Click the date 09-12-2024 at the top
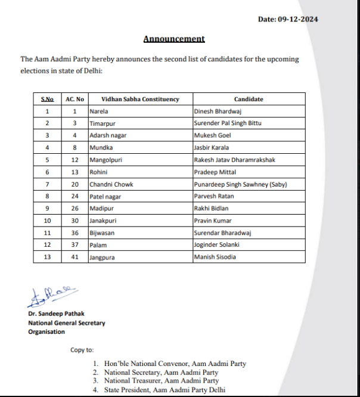click(288, 19)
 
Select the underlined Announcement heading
click(174, 39)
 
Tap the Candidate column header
click(249, 99)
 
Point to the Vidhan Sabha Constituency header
click(140, 99)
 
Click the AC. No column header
click(75, 99)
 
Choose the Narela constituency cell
click(99, 111)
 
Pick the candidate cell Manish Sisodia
click(215, 257)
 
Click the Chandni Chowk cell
click(111, 184)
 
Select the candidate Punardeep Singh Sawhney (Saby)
click(241, 184)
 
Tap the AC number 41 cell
click(75, 257)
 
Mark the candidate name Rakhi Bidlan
click(212, 209)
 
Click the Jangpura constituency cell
click(103, 257)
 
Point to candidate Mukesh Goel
click(212, 135)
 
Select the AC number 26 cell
click(75, 209)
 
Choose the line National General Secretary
click(67, 322)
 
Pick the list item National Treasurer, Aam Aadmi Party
click(161, 380)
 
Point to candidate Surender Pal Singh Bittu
click(228, 123)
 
